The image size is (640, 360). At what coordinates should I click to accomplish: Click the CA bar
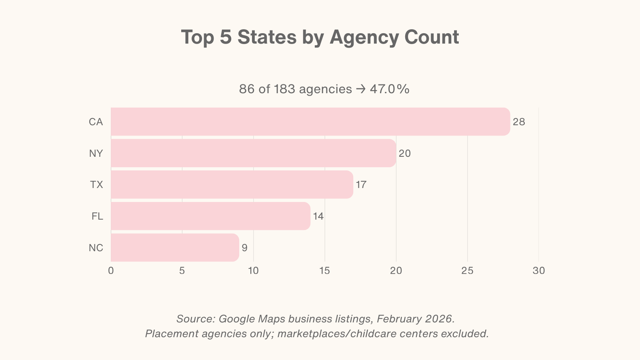(x=310, y=122)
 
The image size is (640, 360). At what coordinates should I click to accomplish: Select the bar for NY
(x=253, y=153)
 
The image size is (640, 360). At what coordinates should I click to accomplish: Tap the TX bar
(x=232, y=184)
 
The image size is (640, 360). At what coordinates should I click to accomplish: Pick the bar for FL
(x=210, y=216)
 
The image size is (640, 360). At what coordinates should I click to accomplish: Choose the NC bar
(x=175, y=248)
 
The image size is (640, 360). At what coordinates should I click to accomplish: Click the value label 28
(x=519, y=122)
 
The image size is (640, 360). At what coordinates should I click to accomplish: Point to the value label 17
(x=361, y=185)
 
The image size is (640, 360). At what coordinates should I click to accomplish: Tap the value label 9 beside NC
(x=244, y=248)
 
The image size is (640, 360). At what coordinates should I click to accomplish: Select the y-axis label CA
(x=96, y=122)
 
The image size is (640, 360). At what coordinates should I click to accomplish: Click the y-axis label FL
(x=97, y=216)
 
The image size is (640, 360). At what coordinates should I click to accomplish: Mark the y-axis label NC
(x=96, y=248)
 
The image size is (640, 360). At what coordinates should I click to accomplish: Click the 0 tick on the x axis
(x=111, y=271)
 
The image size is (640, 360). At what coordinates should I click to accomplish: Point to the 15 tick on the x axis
(x=325, y=271)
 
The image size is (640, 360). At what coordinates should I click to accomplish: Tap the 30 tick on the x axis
(x=539, y=271)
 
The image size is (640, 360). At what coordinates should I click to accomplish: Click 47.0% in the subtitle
(x=389, y=89)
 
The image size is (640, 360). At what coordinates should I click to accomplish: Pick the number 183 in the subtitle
(x=284, y=89)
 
